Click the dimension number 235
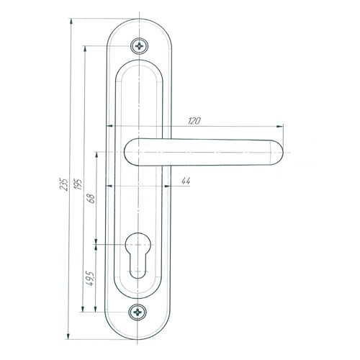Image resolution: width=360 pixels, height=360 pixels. coord(64,184)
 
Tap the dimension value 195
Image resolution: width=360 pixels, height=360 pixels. coord(78,184)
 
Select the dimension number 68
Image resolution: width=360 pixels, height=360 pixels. coord(92,199)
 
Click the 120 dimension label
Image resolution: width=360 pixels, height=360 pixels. coord(194,121)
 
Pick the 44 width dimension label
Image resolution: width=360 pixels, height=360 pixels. coord(186,181)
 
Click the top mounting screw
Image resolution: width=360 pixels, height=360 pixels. coord(139,45)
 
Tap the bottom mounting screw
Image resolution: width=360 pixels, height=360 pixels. coord(138,312)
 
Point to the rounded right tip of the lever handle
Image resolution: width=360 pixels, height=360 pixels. coord(279,153)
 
